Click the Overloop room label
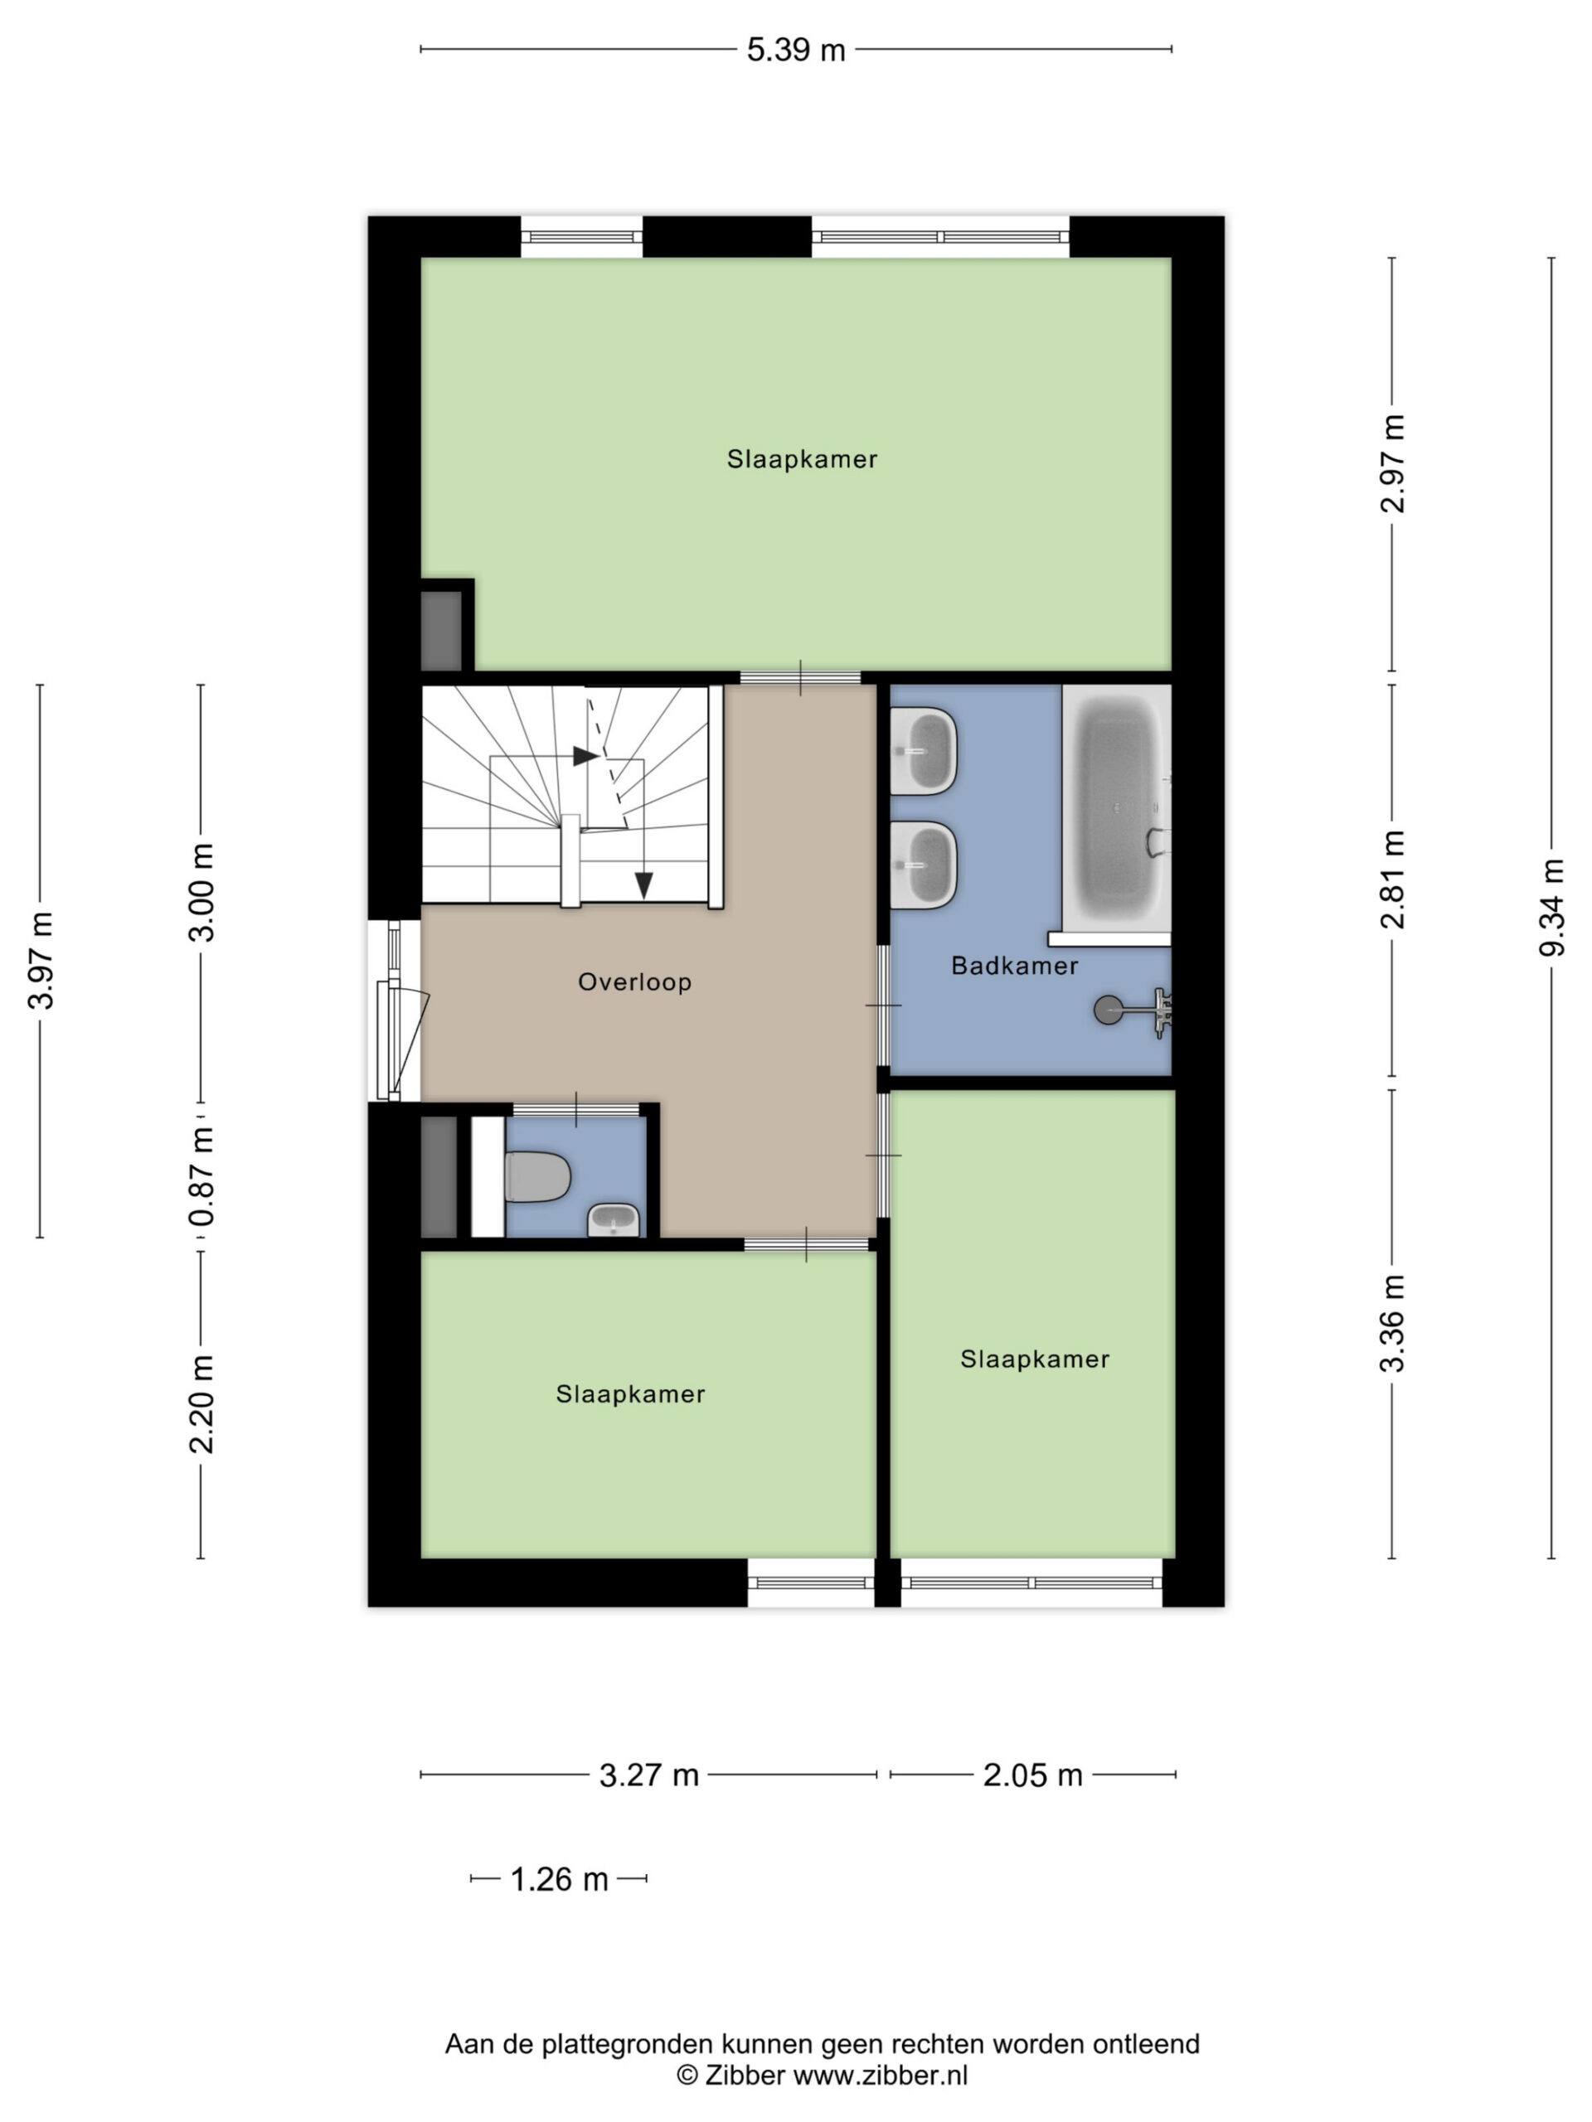point(634,981)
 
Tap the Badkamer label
point(1014,965)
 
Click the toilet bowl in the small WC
point(537,1176)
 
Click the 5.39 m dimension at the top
point(795,50)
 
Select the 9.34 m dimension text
point(1551,907)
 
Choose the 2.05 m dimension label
point(1032,1775)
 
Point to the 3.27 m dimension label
point(648,1775)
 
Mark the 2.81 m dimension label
point(1391,879)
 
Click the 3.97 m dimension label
point(41,960)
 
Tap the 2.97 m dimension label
point(1391,463)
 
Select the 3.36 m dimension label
point(1391,1324)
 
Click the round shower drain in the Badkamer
point(1109,1010)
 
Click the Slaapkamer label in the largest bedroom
point(801,458)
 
